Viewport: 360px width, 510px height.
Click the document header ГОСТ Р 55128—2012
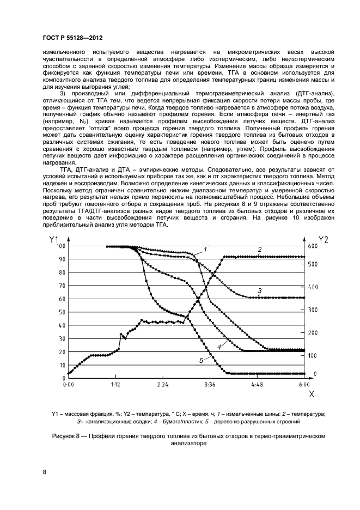click(x=73, y=38)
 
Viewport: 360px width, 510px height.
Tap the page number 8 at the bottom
click(x=44, y=472)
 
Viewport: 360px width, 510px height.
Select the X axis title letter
click(x=311, y=393)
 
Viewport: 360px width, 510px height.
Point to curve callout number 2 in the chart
click(x=260, y=250)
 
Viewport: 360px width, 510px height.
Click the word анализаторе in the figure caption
click(x=189, y=444)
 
